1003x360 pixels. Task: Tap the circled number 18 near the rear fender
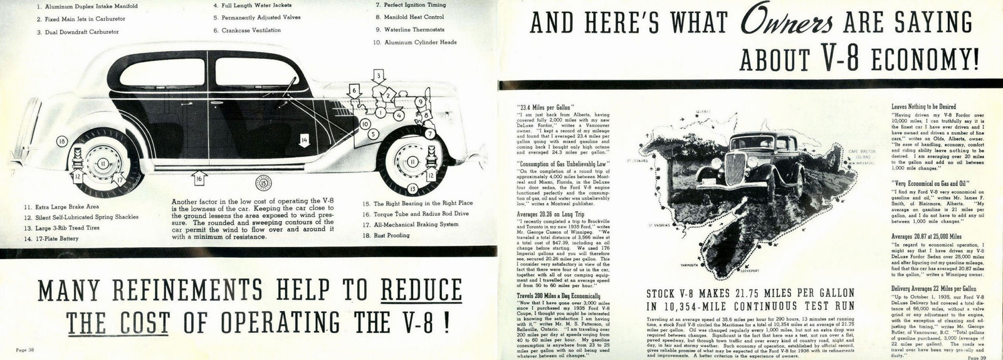pyautogui.click(x=61, y=142)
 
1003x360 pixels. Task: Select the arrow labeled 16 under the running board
pyautogui.click(x=198, y=179)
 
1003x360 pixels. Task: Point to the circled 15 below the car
pyautogui.click(x=263, y=183)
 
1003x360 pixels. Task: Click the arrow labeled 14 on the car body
pyautogui.click(x=304, y=140)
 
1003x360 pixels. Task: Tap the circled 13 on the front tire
pyautogui.click(x=412, y=188)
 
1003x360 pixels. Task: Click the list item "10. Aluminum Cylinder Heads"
pyautogui.click(x=414, y=43)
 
